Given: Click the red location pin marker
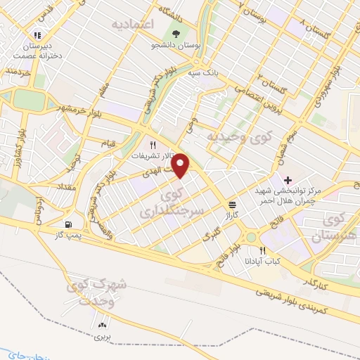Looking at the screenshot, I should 181,165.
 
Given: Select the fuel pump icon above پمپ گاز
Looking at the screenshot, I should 67,226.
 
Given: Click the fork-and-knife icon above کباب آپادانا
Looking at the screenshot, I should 262,250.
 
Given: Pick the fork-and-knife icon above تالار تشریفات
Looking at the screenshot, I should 151,144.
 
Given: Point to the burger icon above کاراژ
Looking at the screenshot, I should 231,205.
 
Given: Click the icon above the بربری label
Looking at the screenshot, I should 103,325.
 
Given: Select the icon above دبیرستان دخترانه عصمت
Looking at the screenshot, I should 37,33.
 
